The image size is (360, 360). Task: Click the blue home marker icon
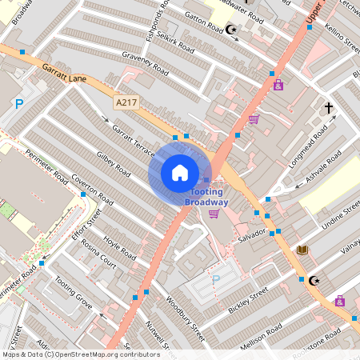(x=180, y=172)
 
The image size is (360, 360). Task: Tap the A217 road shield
(x=126, y=102)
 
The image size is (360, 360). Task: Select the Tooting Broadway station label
(x=207, y=198)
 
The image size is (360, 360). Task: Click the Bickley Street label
(x=247, y=302)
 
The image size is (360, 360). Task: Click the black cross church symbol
(x=327, y=106)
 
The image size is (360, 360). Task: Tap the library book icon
(x=302, y=250)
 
